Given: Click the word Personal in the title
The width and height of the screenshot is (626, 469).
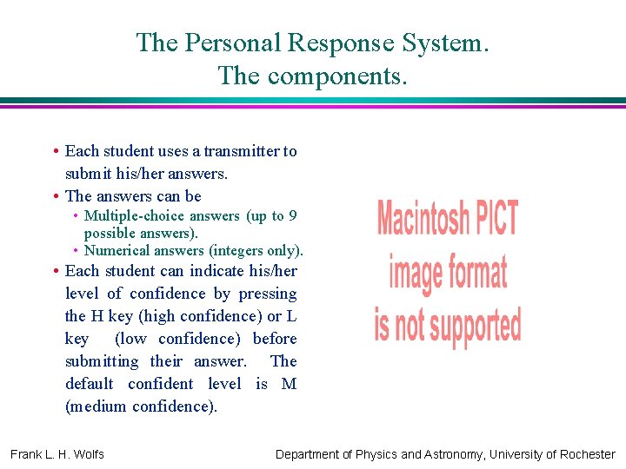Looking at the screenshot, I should (230, 43).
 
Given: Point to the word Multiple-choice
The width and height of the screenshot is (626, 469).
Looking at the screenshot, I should (131, 216).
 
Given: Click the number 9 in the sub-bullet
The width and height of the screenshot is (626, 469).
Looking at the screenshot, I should (293, 216).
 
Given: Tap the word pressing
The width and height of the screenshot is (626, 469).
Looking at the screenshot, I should (267, 294).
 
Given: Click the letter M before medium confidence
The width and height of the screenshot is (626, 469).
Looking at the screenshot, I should (290, 384).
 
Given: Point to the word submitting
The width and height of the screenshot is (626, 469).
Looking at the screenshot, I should (102, 361).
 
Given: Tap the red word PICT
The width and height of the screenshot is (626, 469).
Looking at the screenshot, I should (495, 217).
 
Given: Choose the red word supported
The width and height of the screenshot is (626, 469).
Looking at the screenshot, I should (473, 325).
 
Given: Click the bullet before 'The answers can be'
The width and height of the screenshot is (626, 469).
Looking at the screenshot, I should (56, 196).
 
